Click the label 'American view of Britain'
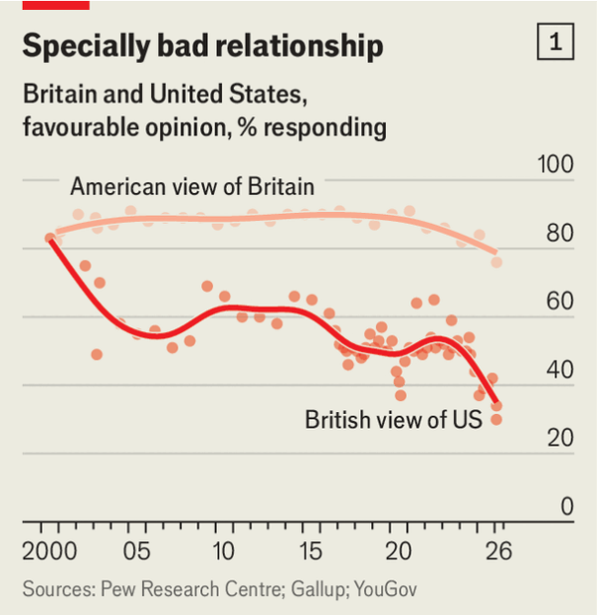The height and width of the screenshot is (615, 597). click(x=192, y=187)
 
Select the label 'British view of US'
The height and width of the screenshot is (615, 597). click(x=393, y=419)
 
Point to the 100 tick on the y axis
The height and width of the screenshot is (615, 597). click(x=554, y=164)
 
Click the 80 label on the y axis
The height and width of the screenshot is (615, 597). click(x=559, y=236)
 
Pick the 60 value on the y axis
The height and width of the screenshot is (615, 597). click(x=559, y=303)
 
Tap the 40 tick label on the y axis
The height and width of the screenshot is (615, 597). click(x=559, y=370)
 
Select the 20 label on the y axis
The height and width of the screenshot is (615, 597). click(x=559, y=439)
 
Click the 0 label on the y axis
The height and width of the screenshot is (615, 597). click(x=566, y=507)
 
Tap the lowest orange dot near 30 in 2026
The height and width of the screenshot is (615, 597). click(x=496, y=419)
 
